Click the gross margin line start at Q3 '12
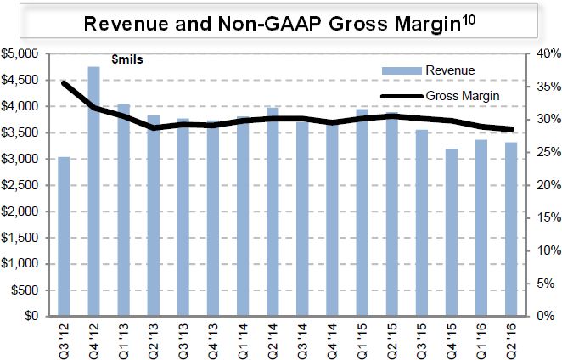(x=64, y=83)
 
